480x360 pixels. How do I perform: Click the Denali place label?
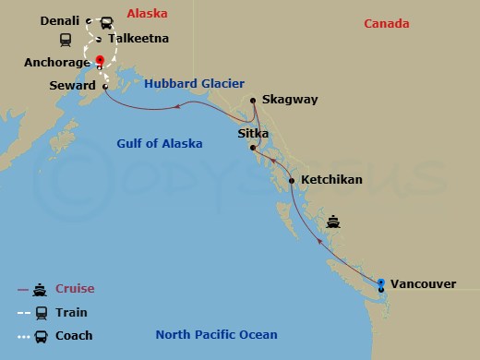click(x=60, y=20)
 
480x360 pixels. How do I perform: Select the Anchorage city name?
click(x=56, y=64)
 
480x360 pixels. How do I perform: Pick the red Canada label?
click(x=386, y=23)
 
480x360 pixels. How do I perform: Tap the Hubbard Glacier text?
click(x=194, y=83)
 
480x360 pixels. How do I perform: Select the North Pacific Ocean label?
click(x=216, y=335)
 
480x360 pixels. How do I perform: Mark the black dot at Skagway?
click(x=253, y=100)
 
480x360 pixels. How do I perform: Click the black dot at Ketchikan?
click(x=292, y=181)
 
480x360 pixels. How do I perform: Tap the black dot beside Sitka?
click(x=251, y=146)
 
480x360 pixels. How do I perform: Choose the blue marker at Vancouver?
click(x=381, y=282)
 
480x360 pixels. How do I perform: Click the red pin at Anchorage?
click(x=100, y=62)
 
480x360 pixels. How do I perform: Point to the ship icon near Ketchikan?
click(x=334, y=222)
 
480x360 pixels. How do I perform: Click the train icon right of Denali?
click(x=107, y=21)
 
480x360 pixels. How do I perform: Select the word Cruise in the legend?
click(x=75, y=289)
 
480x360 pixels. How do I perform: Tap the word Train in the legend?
click(x=72, y=313)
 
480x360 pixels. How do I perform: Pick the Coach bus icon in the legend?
click(x=41, y=337)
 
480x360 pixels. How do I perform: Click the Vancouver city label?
click(x=423, y=283)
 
